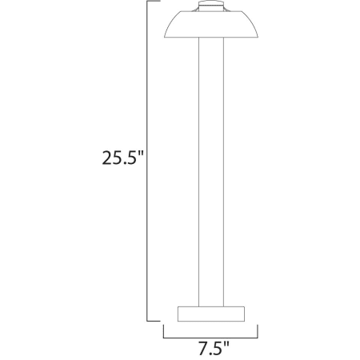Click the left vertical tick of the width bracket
pos(163,331)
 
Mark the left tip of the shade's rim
pos(164,38)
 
